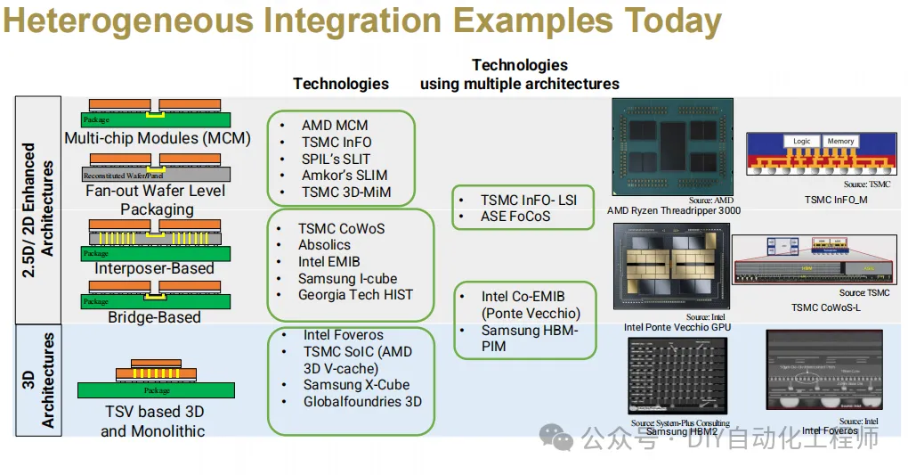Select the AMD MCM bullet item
tap(334, 126)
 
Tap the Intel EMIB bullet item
tap(328, 262)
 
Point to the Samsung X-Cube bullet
tap(356, 385)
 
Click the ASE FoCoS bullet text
tap(515, 217)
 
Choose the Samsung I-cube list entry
tap(347, 279)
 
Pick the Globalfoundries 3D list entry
tap(362, 402)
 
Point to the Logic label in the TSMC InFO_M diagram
tap(801, 141)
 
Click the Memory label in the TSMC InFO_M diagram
tap(840, 141)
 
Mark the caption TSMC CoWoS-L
tap(825, 307)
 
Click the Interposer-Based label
tap(154, 268)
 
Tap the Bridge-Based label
tap(154, 317)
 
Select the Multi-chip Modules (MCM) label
tap(158, 139)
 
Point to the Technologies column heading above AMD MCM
tap(341, 84)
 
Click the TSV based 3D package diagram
tap(156, 379)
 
